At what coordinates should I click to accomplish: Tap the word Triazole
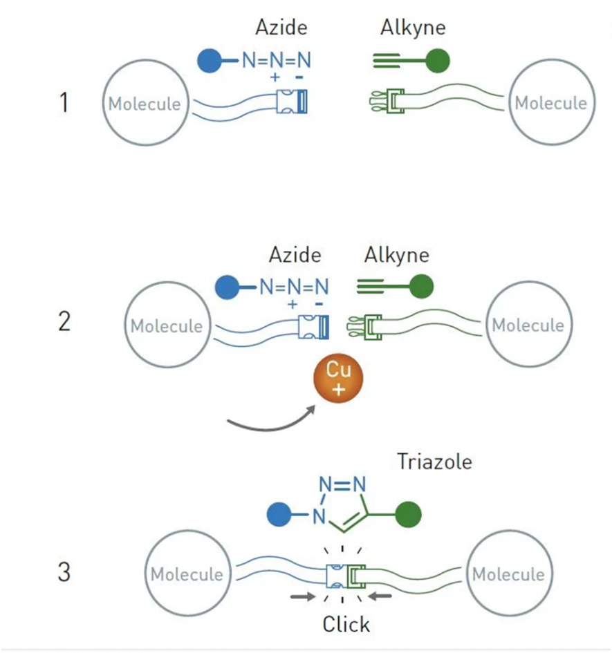tap(434, 461)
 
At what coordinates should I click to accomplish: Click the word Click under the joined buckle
tap(346, 624)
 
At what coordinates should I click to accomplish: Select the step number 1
tap(64, 104)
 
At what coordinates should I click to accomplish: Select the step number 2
tap(64, 322)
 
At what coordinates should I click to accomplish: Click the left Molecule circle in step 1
tap(145, 104)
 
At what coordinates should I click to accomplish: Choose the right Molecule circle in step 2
tap(527, 325)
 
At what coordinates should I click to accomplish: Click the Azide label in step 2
tap(295, 255)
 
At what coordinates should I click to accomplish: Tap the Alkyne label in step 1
tap(413, 28)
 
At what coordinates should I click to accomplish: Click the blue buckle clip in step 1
tap(293, 102)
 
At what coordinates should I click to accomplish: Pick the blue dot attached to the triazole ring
tap(281, 514)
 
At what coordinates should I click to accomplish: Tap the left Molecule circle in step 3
tap(187, 574)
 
